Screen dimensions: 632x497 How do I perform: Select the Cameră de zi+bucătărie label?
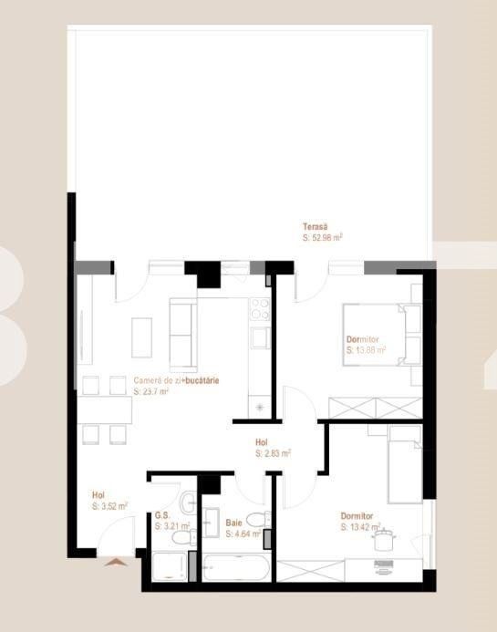point(176,379)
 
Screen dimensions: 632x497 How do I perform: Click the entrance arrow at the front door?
point(115,563)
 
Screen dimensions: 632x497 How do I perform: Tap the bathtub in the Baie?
point(235,569)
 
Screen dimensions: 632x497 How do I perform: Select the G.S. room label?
point(163,515)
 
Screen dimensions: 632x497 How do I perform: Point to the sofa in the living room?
point(182,337)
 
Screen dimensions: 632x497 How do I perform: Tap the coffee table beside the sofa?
point(142,337)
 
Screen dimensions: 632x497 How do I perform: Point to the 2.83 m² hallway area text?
point(273,453)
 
